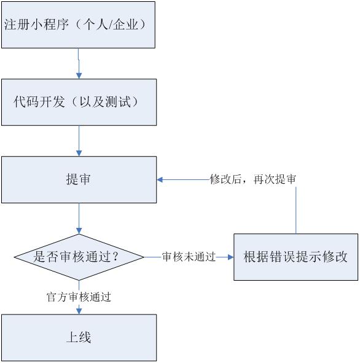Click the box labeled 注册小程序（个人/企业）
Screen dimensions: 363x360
tap(79, 25)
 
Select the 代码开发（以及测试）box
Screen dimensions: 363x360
tap(79, 101)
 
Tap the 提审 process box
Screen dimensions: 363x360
tap(79, 179)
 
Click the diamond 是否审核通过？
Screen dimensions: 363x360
tap(79, 257)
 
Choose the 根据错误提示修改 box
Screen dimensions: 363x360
tap(295, 257)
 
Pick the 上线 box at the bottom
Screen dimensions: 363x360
tap(79, 337)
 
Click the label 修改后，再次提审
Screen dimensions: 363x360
tap(253, 179)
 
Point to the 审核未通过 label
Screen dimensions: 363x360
tap(189, 257)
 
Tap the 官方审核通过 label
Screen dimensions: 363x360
tap(79, 297)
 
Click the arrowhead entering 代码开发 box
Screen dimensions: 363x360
tap(79, 75)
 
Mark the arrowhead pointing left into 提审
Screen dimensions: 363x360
tap(160, 179)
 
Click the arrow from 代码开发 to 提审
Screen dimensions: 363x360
tap(79, 141)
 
